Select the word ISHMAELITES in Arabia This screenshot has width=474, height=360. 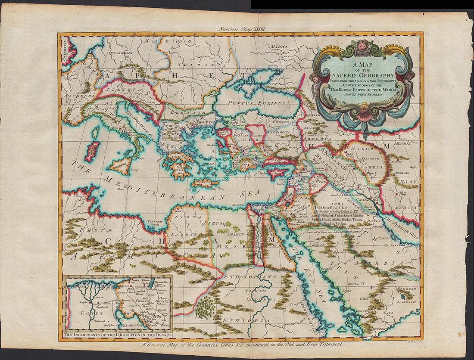click(x=335, y=206)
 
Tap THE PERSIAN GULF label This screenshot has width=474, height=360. click(x=397, y=223)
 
